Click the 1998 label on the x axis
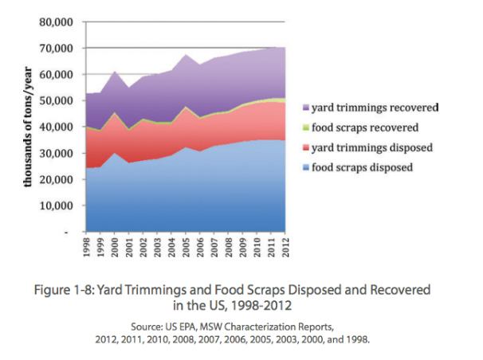click(88, 247)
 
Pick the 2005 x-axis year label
click(185, 247)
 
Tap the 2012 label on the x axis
click(284, 247)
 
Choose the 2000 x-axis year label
click(116, 247)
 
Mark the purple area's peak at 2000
click(116, 72)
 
